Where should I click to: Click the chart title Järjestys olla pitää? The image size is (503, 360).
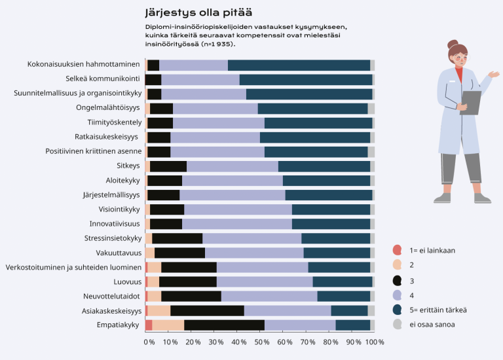198,12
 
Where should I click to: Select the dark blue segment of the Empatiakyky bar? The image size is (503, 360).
353,325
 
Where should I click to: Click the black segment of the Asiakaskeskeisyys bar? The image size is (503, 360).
207,311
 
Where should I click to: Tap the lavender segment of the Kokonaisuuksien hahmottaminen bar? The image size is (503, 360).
193,65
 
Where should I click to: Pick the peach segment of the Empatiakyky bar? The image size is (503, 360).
168,325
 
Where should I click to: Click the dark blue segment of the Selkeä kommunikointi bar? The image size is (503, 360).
306,79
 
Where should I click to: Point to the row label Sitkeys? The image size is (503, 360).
128,166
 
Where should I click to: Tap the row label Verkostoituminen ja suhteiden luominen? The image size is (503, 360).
73,267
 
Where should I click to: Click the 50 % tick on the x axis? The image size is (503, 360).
260,342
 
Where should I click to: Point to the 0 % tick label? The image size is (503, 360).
149,342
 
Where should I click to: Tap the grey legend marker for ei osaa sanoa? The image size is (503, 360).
397,324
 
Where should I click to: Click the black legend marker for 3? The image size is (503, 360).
397,280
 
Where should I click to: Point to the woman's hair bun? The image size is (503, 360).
453,45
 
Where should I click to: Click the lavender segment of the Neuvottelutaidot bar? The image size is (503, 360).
269,297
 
